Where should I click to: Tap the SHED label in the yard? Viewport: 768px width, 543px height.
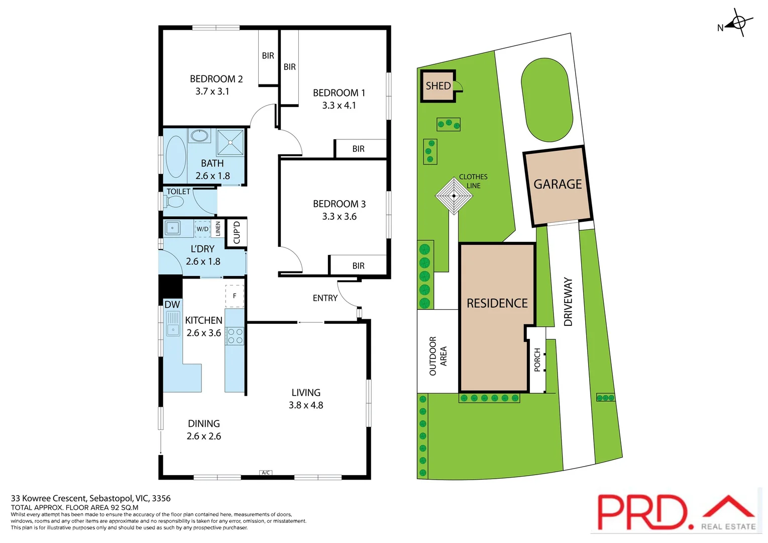point(438,86)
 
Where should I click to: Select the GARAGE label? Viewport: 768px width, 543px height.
point(558,185)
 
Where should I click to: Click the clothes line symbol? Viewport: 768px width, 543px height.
point(454,196)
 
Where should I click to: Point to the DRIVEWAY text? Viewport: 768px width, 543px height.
point(568,302)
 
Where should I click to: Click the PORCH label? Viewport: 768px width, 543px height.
point(537,359)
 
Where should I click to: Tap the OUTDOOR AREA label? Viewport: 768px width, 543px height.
point(437,356)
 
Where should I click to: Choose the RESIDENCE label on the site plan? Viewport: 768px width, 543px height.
point(497,303)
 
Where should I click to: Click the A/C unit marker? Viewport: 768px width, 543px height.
point(266,473)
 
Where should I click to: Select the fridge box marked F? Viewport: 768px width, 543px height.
point(235,296)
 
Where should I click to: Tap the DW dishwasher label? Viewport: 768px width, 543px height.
point(172,305)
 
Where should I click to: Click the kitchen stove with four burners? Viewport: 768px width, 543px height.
point(235,336)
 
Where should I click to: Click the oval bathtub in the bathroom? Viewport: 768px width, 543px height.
point(176,156)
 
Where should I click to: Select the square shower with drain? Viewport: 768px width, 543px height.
point(231,143)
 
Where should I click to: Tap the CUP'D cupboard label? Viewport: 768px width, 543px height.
point(237,232)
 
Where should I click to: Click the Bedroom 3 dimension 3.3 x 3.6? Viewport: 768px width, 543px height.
point(339,217)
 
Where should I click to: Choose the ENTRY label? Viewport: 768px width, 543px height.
point(325,298)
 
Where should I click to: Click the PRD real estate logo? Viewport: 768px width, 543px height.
point(676,512)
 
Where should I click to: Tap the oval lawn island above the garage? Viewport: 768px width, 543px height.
point(546,100)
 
